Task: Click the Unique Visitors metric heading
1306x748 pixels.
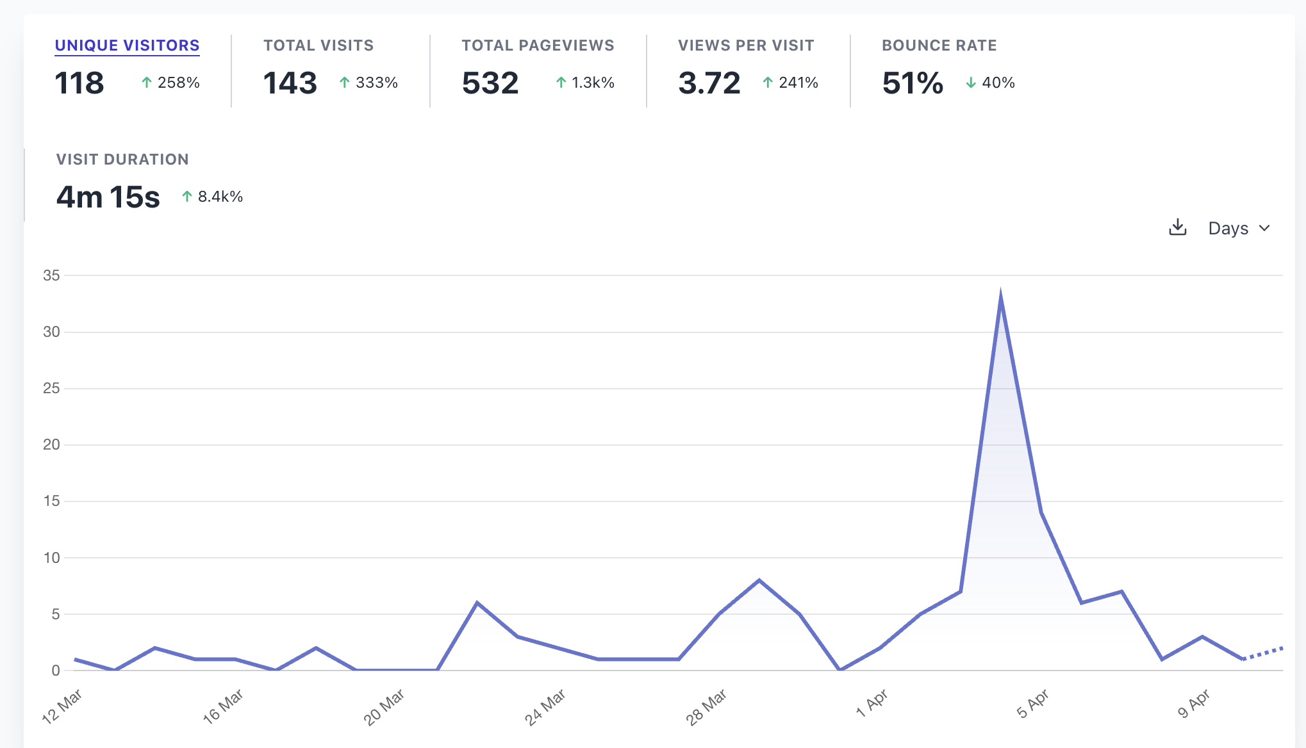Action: click(127, 45)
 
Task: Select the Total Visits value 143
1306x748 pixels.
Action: click(290, 83)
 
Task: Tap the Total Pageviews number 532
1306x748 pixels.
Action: click(490, 83)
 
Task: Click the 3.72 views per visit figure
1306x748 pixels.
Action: click(709, 83)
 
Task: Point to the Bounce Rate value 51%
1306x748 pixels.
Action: click(913, 83)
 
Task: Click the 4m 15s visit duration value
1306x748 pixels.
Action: click(108, 197)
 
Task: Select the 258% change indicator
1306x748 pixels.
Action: click(170, 83)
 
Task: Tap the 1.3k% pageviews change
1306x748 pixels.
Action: click(585, 83)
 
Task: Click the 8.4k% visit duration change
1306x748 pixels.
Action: click(212, 197)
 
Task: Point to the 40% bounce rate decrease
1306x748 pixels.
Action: click(990, 83)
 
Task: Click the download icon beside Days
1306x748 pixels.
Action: click(1178, 228)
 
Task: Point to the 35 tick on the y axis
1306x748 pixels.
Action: click(51, 275)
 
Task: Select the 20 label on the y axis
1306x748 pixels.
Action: click(51, 444)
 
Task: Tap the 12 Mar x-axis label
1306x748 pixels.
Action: click(62, 706)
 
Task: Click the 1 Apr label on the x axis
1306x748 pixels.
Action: click(872, 703)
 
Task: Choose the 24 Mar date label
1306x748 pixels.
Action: click(545, 707)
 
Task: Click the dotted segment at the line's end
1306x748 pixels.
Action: click(1263, 653)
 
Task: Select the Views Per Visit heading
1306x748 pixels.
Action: click(746, 45)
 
